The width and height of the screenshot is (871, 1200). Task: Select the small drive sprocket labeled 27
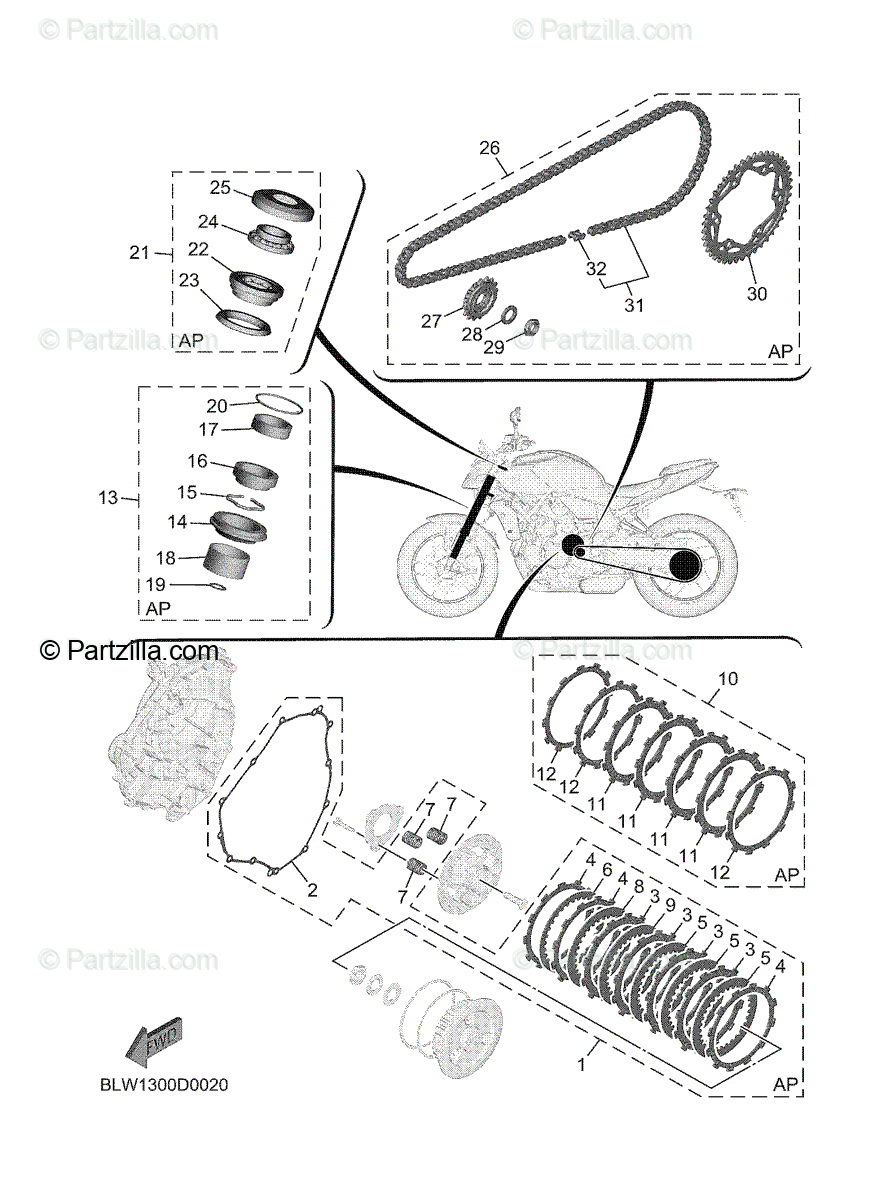click(483, 297)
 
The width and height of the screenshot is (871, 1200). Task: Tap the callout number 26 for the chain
click(489, 148)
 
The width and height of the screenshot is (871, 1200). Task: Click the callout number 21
click(139, 253)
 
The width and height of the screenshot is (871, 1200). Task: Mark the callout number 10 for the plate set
click(727, 680)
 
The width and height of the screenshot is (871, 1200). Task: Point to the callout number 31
click(634, 304)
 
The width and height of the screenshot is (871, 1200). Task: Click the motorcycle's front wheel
click(447, 566)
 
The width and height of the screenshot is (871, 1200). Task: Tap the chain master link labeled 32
click(578, 236)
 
